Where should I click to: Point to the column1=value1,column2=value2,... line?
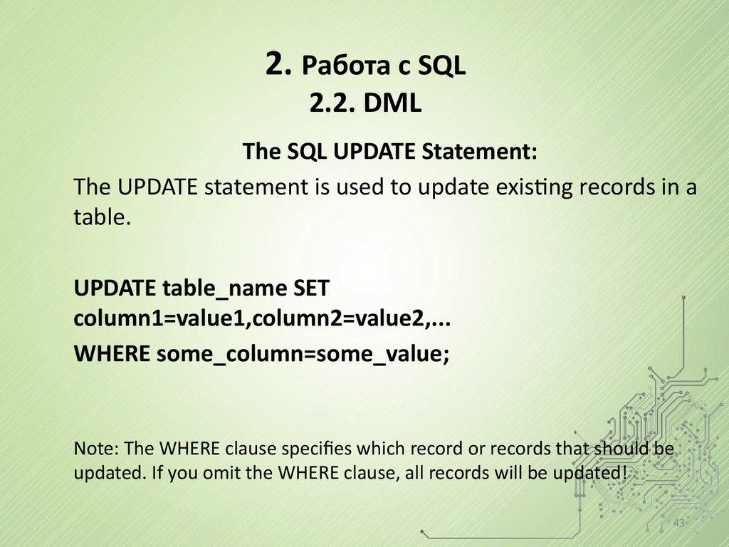263,320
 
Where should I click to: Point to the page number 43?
678,523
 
